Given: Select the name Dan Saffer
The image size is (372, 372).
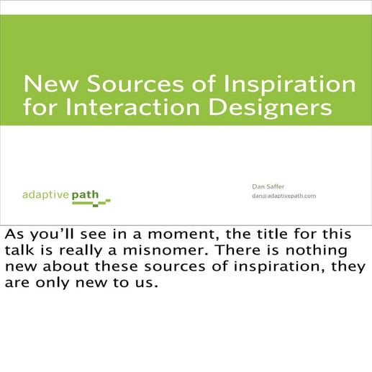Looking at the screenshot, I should (x=268, y=186).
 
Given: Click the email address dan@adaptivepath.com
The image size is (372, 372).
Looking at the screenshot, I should (x=283, y=196).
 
